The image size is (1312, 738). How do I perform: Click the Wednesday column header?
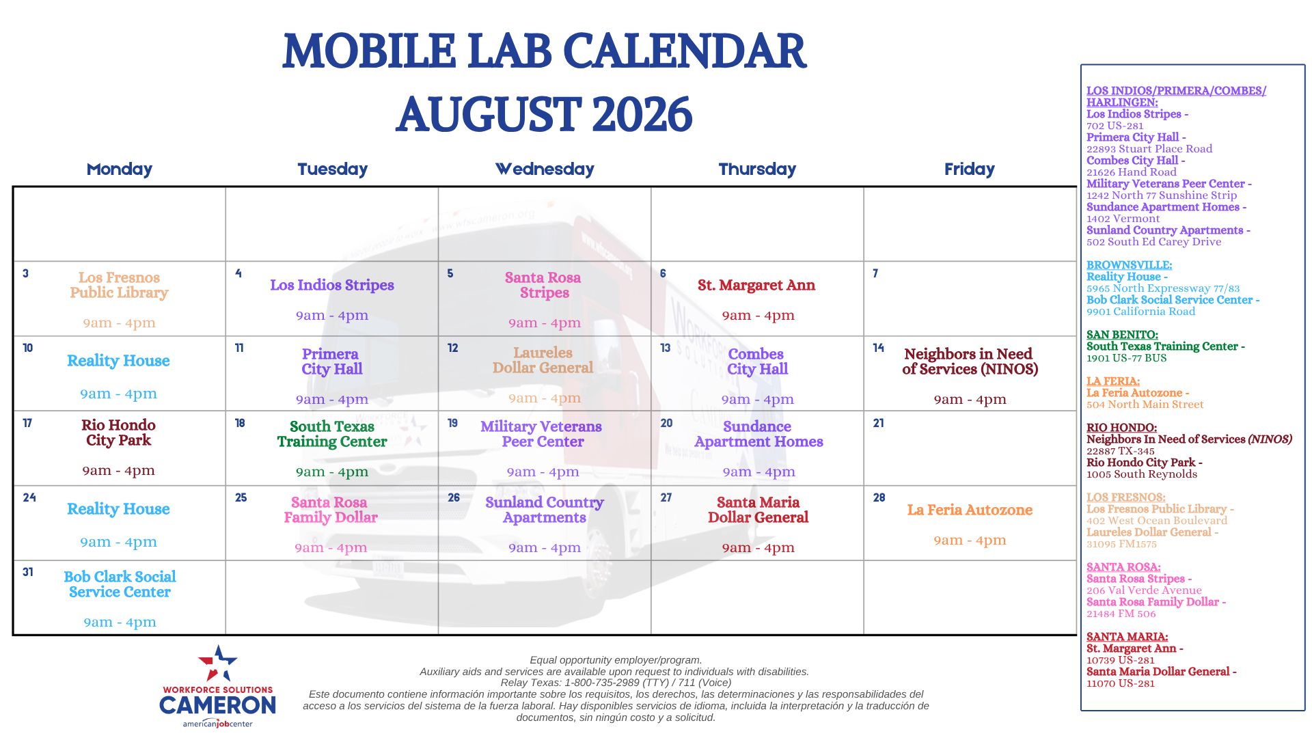click(545, 169)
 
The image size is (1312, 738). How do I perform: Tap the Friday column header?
click(969, 169)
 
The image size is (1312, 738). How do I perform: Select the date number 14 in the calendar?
click(878, 348)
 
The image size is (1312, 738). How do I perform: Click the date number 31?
click(27, 572)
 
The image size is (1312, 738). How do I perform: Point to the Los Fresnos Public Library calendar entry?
click(119, 285)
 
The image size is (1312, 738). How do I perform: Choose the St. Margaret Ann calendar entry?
click(756, 285)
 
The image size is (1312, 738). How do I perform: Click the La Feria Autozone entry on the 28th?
click(970, 510)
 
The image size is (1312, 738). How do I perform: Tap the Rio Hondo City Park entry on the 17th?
click(118, 433)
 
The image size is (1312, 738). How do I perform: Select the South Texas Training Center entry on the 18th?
click(332, 434)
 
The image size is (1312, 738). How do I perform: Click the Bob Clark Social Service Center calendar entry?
click(120, 584)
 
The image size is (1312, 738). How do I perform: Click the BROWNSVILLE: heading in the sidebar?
click(1129, 265)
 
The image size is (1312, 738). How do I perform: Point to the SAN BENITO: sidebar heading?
click(1122, 335)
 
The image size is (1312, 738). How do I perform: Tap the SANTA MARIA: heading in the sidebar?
click(1127, 637)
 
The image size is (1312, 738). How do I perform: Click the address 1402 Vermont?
click(1123, 219)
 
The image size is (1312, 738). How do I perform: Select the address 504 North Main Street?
click(1145, 405)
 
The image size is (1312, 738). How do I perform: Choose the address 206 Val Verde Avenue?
click(1144, 590)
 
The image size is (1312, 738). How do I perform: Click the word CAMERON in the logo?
click(217, 705)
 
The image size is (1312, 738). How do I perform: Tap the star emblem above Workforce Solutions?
click(217, 664)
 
